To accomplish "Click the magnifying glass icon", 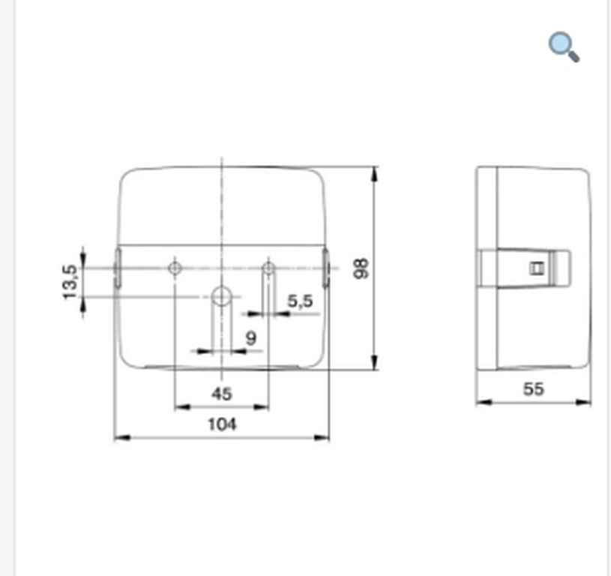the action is pyautogui.click(x=564, y=46).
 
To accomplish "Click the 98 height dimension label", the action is pyautogui.click(x=361, y=268).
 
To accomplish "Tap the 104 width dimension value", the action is pyautogui.click(x=222, y=424).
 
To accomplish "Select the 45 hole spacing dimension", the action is pyautogui.click(x=222, y=394).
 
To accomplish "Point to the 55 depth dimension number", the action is pyautogui.click(x=533, y=389).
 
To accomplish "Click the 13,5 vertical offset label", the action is pyautogui.click(x=70, y=282).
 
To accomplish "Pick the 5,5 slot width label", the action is pyautogui.click(x=300, y=301).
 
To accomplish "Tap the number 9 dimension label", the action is pyautogui.click(x=251, y=338).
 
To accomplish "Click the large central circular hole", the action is pyautogui.click(x=221, y=297).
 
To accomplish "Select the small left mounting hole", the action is pyautogui.click(x=175, y=268).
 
